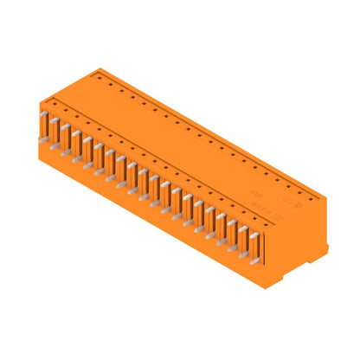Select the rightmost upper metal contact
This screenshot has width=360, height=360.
(254, 235)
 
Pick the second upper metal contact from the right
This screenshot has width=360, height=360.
(242, 228)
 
